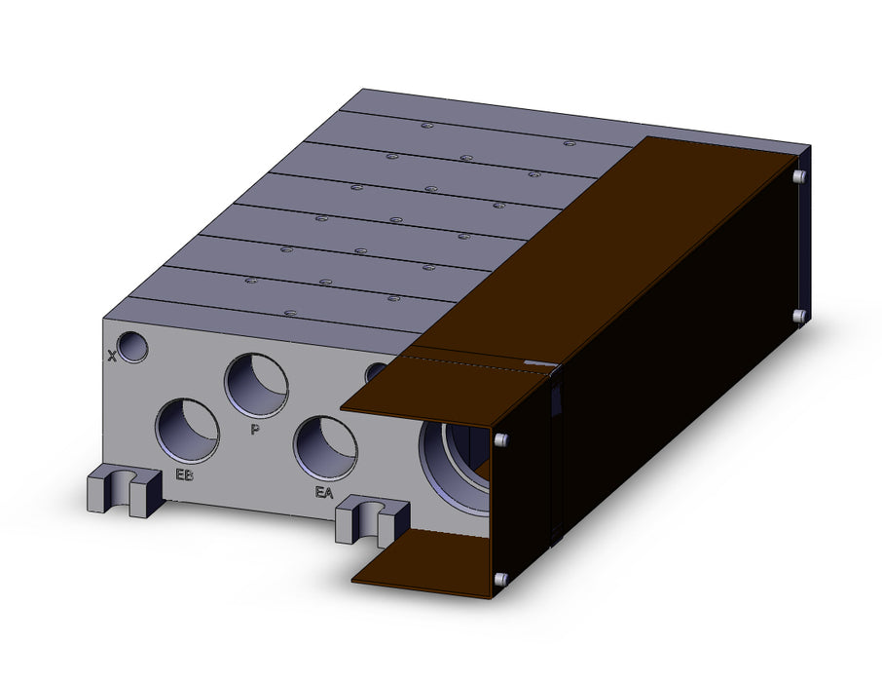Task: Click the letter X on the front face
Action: point(112,356)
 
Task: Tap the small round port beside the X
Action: point(131,347)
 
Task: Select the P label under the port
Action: point(255,430)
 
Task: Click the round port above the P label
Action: point(256,386)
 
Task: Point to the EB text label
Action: point(185,474)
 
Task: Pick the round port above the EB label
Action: point(187,431)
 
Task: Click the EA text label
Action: point(324,493)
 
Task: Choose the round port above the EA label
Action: point(325,448)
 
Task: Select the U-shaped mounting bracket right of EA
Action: point(372,518)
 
